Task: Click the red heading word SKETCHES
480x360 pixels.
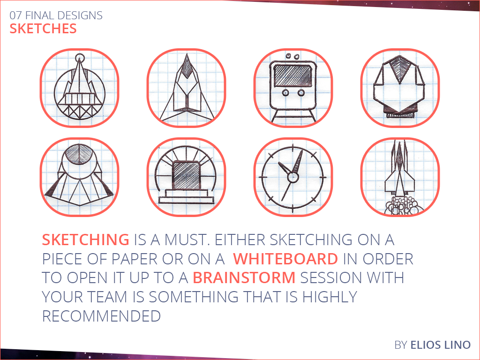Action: [43, 29]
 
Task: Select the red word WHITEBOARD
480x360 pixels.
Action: [285, 259]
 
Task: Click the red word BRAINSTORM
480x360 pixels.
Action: [244, 278]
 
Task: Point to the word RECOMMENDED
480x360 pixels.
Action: [101, 316]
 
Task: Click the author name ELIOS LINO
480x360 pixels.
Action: [440, 345]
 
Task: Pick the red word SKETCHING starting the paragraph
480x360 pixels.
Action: [85, 240]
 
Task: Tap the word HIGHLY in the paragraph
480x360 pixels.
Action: [330, 297]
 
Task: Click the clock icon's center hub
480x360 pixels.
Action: [292, 177]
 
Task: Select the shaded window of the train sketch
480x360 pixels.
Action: [292, 75]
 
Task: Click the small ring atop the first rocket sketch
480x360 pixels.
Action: [80, 57]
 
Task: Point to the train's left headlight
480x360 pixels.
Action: [285, 92]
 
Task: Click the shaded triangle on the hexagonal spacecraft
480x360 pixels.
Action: [399, 67]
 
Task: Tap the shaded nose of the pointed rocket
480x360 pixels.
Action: [187, 67]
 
